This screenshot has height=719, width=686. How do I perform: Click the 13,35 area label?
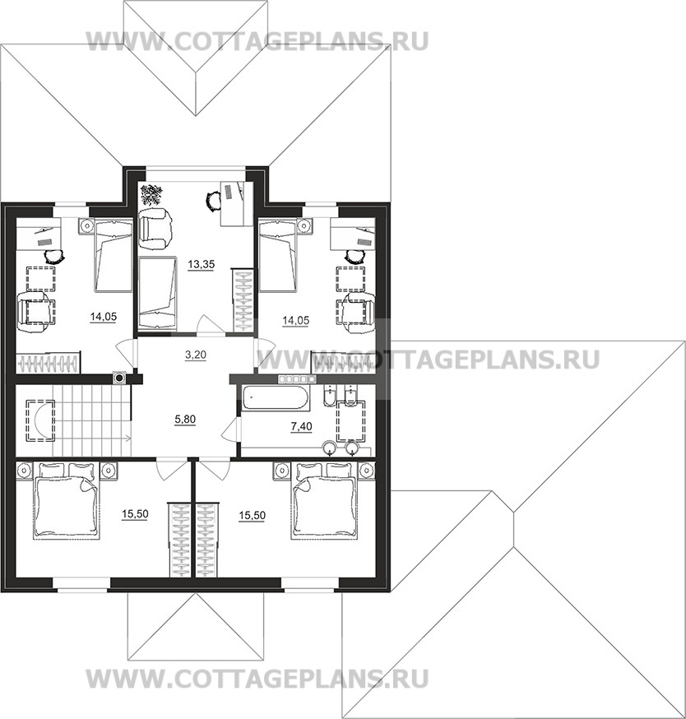(202, 265)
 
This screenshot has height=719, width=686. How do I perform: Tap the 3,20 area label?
(195, 355)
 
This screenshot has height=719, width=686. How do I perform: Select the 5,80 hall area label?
(185, 419)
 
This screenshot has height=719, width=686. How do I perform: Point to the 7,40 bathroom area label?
(301, 426)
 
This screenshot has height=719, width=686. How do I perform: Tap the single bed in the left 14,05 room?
(114, 255)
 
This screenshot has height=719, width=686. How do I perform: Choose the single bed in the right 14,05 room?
(278, 255)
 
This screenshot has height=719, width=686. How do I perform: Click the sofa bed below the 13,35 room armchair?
(157, 293)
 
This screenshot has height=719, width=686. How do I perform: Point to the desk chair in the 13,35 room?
(213, 201)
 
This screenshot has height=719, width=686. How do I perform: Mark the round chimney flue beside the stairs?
(120, 378)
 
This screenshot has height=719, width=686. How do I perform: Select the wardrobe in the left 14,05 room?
(49, 363)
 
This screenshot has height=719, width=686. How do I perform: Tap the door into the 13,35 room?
(211, 326)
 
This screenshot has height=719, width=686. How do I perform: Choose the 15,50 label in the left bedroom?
(135, 514)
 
